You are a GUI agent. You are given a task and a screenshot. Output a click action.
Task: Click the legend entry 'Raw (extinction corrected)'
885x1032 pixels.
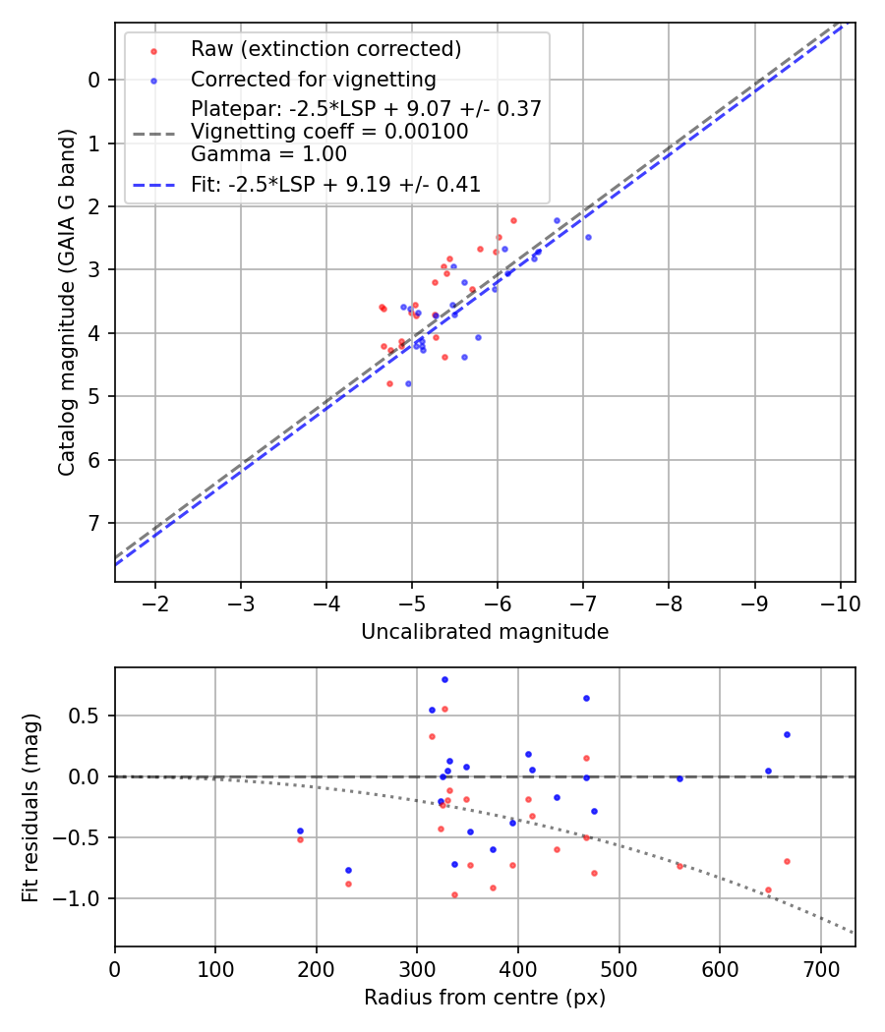click(x=325, y=49)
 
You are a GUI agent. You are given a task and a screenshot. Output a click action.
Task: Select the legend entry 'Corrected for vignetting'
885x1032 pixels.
click(x=313, y=79)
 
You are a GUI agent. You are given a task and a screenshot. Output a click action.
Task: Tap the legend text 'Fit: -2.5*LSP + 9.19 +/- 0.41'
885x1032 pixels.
click(x=335, y=184)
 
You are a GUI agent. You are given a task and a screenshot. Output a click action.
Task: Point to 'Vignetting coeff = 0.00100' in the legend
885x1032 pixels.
click(x=329, y=132)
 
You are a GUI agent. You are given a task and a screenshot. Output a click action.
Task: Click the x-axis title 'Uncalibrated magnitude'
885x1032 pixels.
click(x=485, y=632)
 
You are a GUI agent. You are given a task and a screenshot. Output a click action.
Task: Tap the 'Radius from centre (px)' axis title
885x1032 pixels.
click(x=485, y=998)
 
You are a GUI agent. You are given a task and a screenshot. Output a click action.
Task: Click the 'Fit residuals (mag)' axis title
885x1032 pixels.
click(x=31, y=807)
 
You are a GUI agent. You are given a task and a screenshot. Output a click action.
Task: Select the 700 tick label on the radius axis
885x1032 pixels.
click(x=720, y=969)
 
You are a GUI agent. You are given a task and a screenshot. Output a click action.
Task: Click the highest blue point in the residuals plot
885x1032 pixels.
click(x=444, y=679)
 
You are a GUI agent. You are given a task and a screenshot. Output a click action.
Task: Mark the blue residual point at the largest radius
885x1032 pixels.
click(x=787, y=734)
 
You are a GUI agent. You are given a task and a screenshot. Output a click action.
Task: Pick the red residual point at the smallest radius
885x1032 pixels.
click(x=300, y=839)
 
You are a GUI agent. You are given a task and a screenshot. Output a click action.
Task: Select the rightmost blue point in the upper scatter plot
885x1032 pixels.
click(x=588, y=237)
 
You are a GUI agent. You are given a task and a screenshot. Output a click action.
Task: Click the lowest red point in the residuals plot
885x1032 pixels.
click(x=454, y=894)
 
